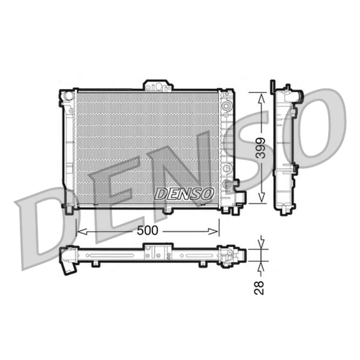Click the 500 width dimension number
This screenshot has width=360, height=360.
[148, 231]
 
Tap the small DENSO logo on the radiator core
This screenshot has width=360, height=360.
[184, 193]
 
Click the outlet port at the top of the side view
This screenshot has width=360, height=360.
[298, 94]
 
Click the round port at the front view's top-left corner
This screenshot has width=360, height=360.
[67, 95]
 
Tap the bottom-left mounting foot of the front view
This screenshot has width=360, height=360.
[69, 208]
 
